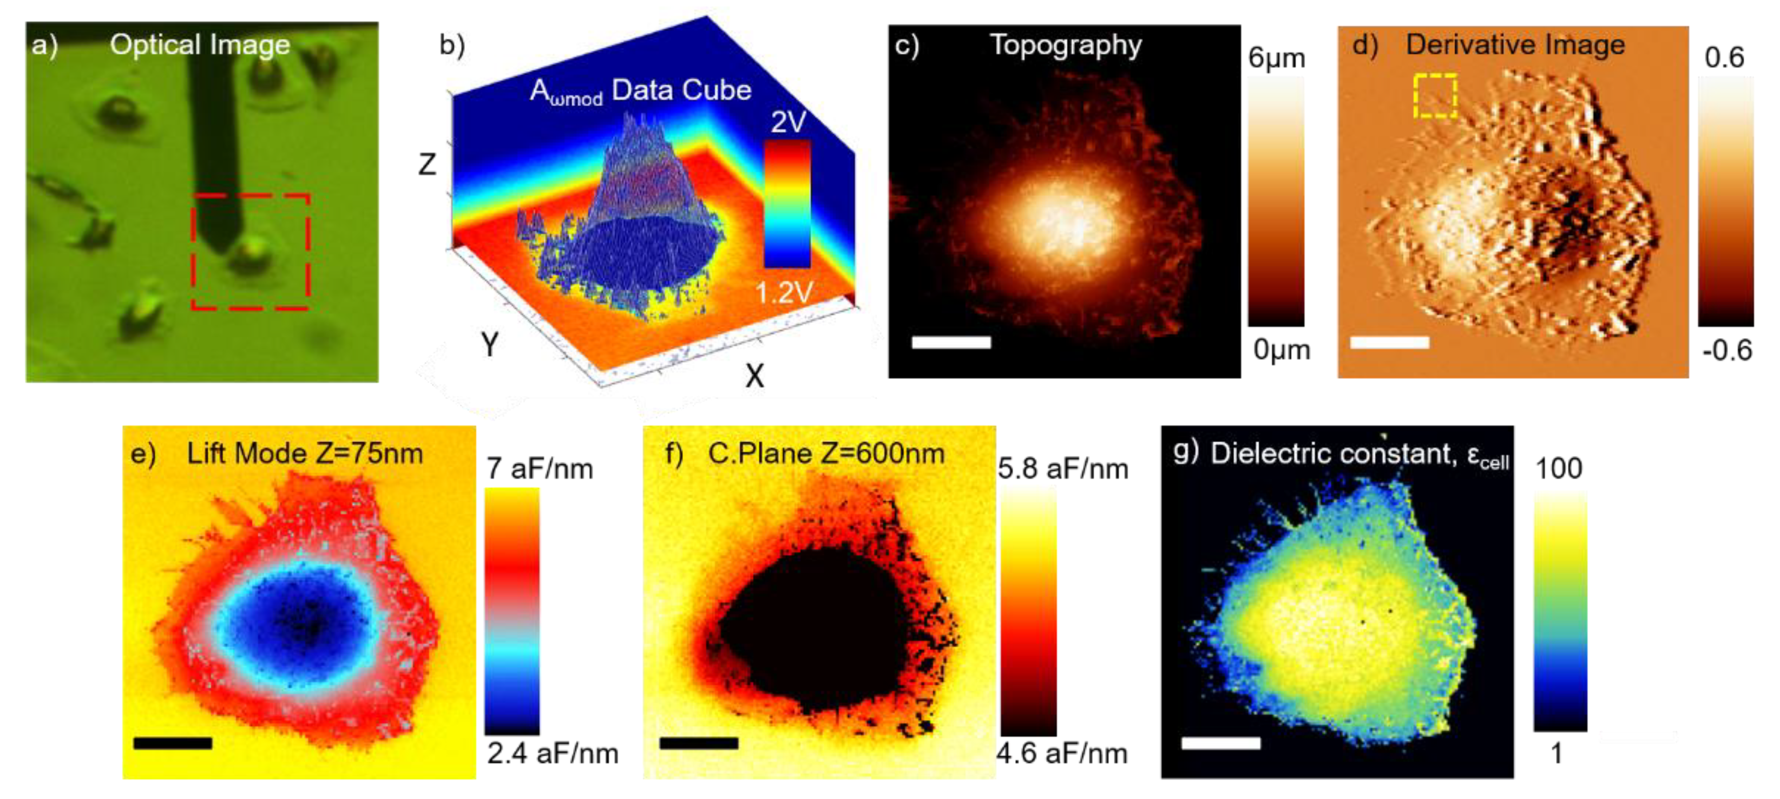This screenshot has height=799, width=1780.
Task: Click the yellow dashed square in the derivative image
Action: [1435, 95]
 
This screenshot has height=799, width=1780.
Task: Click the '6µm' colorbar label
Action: [1276, 58]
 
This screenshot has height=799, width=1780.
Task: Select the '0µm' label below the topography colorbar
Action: [1281, 350]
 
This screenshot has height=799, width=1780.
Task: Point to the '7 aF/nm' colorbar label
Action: [540, 469]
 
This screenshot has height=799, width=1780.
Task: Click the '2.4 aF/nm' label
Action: [552, 752]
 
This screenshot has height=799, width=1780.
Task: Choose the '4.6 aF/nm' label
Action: [1061, 752]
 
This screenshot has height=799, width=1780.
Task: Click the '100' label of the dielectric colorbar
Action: [1558, 469]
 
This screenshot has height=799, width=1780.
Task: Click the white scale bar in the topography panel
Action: [951, 342]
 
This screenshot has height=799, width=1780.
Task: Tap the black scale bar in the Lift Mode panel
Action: [173, 743]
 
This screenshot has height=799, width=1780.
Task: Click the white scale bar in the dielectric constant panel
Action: [1220, 743]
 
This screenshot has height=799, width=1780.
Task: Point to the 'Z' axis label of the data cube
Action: [428, 165]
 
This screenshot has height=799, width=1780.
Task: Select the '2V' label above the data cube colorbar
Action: [788, 122]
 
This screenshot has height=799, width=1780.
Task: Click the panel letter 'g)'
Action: [1186, 452]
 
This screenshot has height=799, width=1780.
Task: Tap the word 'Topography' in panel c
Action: [1066, 45]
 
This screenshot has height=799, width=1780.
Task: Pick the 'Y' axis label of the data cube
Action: [490, 344]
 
